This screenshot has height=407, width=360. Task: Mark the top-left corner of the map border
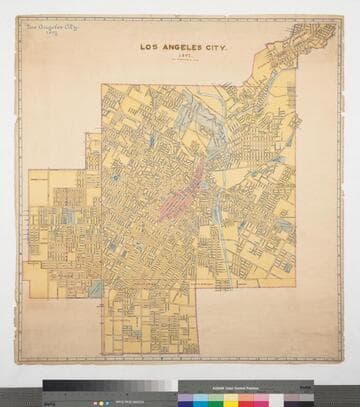coord(18,16)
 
